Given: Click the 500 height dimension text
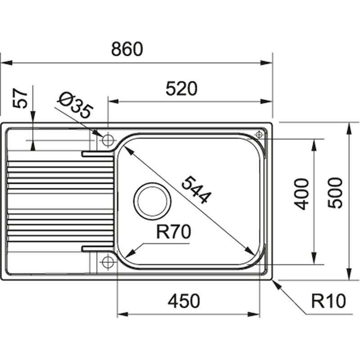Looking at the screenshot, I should click(x=335, y=193).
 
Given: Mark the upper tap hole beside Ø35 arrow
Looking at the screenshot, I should click(x=108, y=140).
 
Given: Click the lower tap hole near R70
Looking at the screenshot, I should click(x=108, y=262).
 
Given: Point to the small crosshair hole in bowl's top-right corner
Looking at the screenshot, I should click(x=259, y=135).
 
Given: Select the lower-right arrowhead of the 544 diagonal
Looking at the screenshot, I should click(x=251, y=252).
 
